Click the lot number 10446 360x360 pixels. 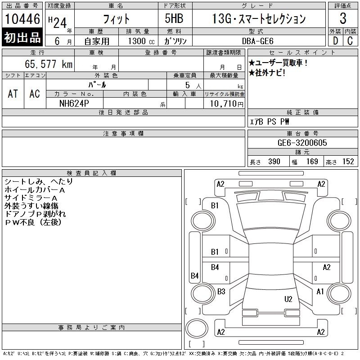pyautogui.click(x=22, y=19)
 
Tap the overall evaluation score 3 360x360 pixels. pyautogui.click(x=343, y=18)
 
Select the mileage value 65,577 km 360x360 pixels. pyautogui.click(x=49, y=64)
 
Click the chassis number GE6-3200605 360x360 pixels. pyautogui.click(x=302, y=143)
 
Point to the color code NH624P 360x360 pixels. pyautogui.click(x=74, y=103)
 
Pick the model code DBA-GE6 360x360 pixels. pyautogui.click(x=258, y=41)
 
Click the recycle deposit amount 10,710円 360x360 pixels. pyautogui.click(x=226, y=104)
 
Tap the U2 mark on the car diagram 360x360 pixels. pyautogui.click(x=288, y=299)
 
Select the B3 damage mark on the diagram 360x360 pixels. pyautogui.click(x=221, y=291)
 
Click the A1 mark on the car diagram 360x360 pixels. pyautogui.click(x=320, y=292)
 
